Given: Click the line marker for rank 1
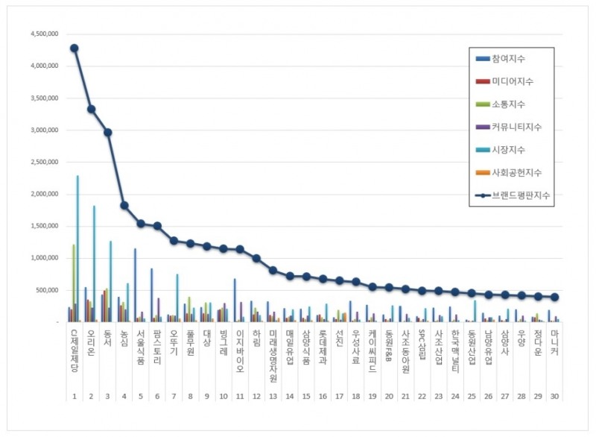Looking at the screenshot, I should (74, 48).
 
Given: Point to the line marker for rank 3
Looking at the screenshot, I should (107, 132).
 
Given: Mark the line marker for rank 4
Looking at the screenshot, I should (124, 205).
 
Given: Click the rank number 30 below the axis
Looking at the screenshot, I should (554, 397).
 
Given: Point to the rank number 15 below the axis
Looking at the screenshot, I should (306, 397).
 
